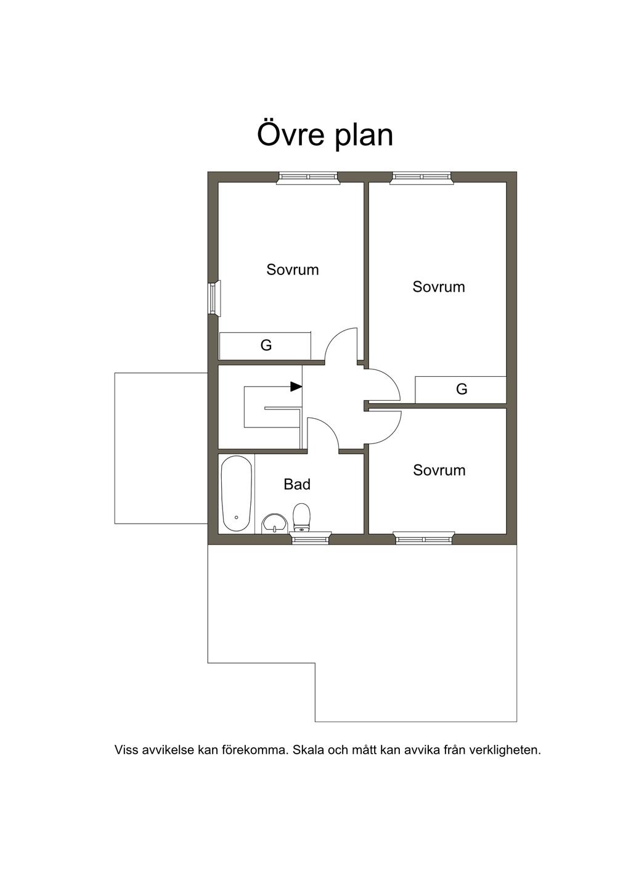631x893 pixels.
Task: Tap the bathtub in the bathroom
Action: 237,493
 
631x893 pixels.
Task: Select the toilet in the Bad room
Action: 301,517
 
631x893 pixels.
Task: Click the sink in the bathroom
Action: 274,523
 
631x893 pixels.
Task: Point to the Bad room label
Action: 297,484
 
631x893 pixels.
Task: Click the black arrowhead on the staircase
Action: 296,386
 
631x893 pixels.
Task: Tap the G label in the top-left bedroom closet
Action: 266,345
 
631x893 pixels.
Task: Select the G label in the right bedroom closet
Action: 462,389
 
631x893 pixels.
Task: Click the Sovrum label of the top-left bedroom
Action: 293,270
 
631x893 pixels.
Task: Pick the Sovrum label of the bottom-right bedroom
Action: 439,471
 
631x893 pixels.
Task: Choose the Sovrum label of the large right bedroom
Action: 439,287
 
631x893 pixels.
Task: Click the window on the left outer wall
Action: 214,298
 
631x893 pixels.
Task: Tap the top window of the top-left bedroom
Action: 308,178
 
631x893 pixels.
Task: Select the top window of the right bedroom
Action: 422,178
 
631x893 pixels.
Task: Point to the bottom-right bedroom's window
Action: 424,538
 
